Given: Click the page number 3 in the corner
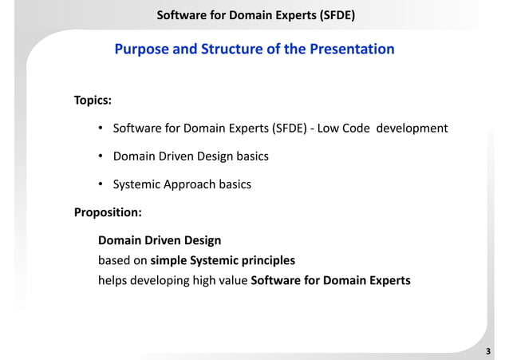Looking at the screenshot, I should pyautogui.click(x=498, y=350).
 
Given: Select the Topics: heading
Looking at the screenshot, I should pyautogui.click(x=93, y=101).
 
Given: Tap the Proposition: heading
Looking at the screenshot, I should pyautogui.click(x=108, y=212).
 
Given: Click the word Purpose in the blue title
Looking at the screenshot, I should pyautogui.click(x=141, y=49).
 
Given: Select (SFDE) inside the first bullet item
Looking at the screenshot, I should pyautogui.click(x=288, y=129).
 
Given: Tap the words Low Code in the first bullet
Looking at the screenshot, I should pyautogui.click(x=345, y=129).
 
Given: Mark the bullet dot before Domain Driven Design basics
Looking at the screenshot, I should pyautogui.click(x=101, y=157).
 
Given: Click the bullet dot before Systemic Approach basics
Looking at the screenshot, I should pyautogui.click(x=101, y=185).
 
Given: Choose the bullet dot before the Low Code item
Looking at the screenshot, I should pyautogui.click(x=101, y=129).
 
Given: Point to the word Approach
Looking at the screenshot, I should pyautogui.click(x=187, y=184).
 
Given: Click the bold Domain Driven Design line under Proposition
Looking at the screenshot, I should pyautogui.click(x=160, y=239).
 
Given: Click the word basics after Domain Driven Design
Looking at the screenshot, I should pyautogui.click(x=251, y=156).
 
